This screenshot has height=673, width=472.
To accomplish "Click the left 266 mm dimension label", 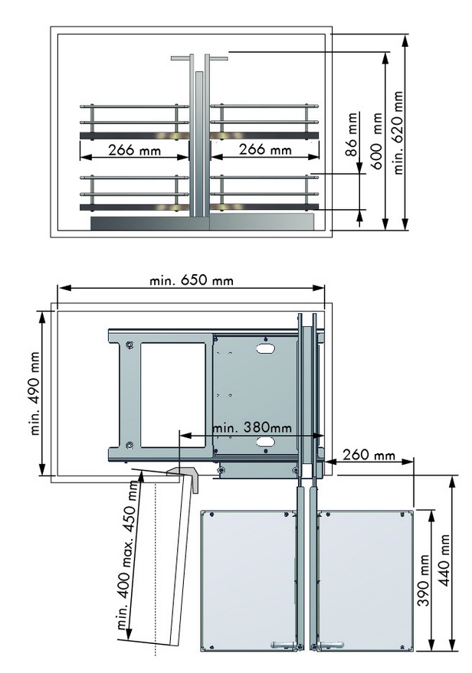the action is point(134,151).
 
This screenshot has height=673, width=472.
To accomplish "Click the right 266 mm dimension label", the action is point(265,149).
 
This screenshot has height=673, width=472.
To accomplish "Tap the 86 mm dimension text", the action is point(352,134).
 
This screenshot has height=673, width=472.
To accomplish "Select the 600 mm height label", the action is point(375,141).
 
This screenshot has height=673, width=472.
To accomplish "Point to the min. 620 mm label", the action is point(398,132).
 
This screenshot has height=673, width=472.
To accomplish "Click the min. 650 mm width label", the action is point(192,280).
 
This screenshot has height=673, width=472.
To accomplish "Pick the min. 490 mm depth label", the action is point(35,394).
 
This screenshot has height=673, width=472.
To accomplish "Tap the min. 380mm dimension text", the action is point(252,427).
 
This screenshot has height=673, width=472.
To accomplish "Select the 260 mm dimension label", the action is point(369,454).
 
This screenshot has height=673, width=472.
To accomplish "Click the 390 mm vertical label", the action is point(424,580).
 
